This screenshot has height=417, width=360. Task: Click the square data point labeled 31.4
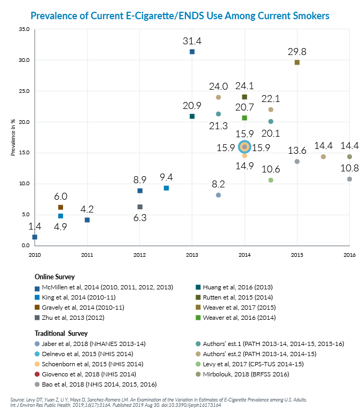coord(192,52)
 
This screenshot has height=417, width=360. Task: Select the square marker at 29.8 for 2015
coord(297,62)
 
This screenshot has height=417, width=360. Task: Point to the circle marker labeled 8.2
coord(218,195)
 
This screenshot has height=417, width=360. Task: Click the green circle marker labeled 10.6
coord(271,180)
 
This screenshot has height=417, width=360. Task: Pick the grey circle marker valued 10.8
coord(349,179)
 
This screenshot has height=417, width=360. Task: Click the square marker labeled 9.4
coord(166,188)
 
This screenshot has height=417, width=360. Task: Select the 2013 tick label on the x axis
coord(192,255)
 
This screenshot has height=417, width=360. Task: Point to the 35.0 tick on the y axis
coord(24,29)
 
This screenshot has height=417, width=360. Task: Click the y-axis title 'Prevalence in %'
coord(13,138)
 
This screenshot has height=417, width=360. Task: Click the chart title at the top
coord(180,15)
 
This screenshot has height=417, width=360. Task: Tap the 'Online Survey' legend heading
coord(54,277)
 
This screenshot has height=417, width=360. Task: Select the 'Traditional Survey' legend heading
coord(59,333)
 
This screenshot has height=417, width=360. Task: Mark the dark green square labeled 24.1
coord(245,97)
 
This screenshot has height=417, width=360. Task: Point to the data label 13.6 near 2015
coord(297,150)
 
